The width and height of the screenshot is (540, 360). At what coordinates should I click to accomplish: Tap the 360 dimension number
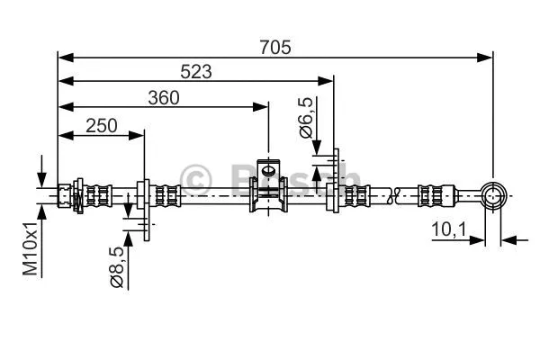[x=163, y=98]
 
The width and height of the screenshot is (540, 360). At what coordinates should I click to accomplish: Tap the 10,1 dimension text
[x=447, y=231]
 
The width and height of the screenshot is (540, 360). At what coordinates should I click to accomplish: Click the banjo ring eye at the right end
[x=492, y=193]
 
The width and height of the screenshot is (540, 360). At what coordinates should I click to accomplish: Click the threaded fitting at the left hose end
[x=68, y=193]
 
